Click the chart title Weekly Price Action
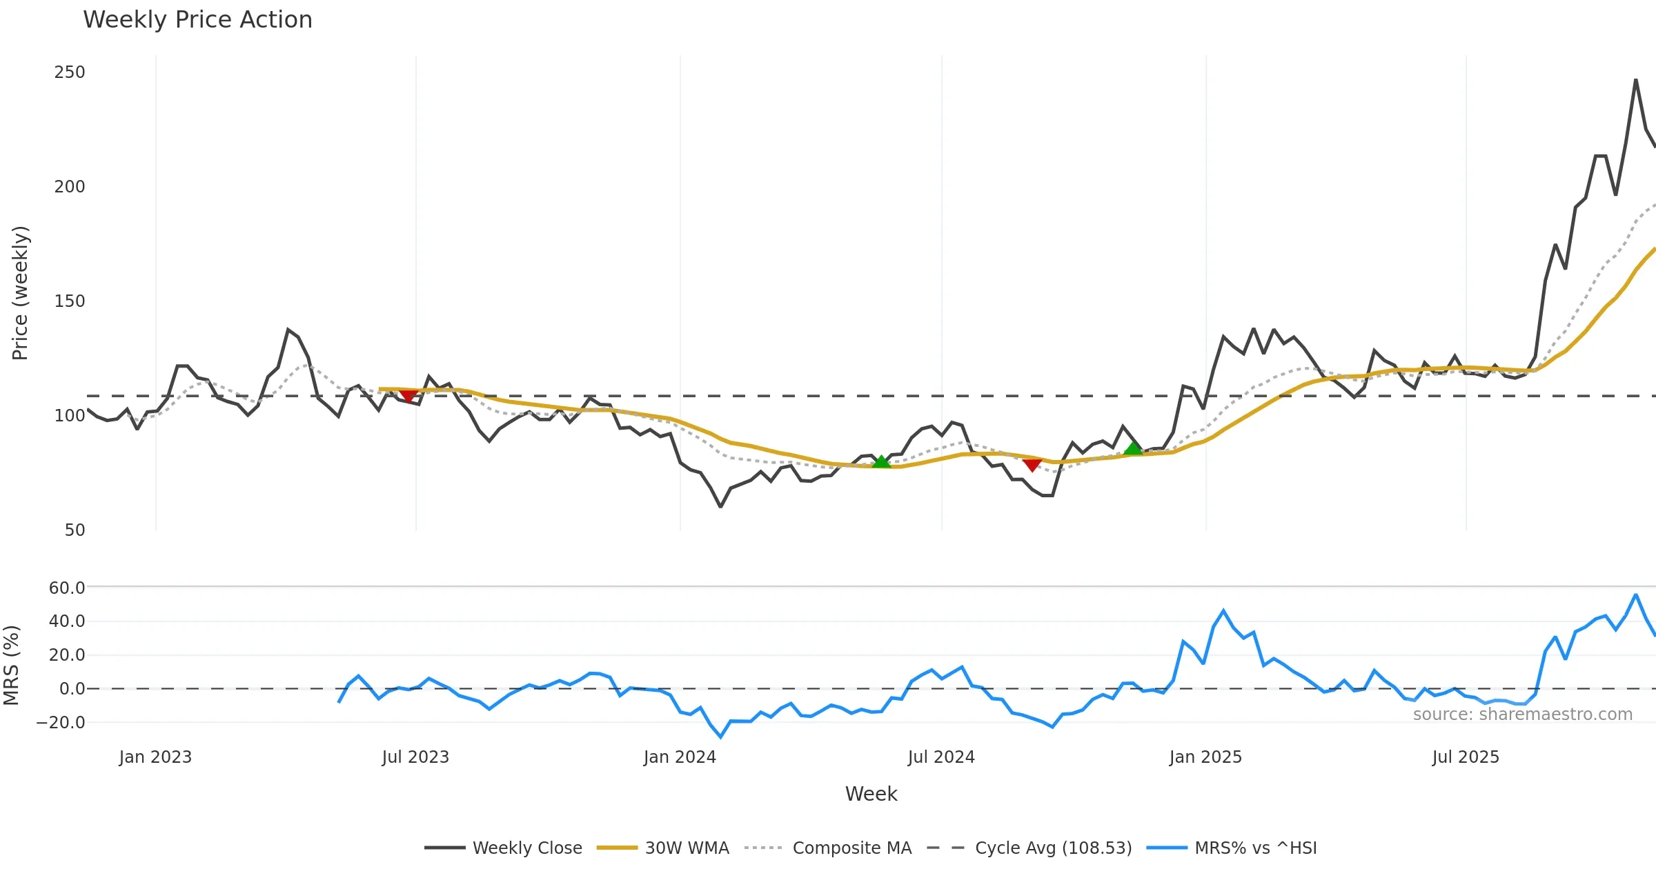(x=197, y=20)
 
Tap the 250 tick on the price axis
(x=70, y=72)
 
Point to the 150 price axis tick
(x=70, y=301)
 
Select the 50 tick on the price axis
(x=75, y=530)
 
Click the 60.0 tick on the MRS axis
(x=67, y=588)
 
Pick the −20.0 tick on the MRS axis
(x=61, y=723)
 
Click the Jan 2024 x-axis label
(x=680, y=757)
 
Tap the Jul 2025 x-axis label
(x=1466, y=757)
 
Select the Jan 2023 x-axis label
(x=155, y=757)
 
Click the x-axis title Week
(x=871, y=795)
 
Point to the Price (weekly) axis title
(x=20, y=293)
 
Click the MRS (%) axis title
(x=11, y=666)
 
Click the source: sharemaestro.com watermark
(x=1522, y=715)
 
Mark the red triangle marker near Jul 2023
(x=408, y=396)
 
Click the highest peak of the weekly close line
(x=1635, y=80)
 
